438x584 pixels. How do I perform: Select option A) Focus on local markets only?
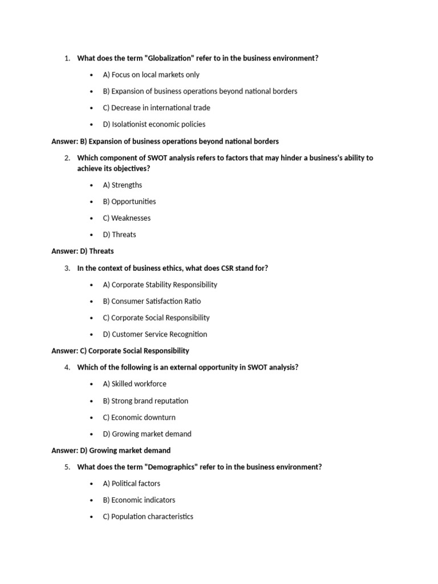(151, 75)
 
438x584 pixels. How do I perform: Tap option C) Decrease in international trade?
(156, 108)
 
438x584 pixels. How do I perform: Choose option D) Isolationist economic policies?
(154, 124)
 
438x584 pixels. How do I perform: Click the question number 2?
(67, 158)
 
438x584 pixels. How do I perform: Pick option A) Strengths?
(123, 185)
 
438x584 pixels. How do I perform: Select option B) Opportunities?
(129, 201)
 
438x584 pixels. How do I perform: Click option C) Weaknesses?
(127, 218)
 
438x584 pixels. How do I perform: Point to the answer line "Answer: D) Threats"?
(83, 251)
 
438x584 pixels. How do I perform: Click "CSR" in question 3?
(221, 268)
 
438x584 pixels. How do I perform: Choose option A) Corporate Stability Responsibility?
(160, 285)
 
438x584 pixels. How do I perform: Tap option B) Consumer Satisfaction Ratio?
(152, 301)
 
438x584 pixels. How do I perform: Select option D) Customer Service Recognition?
(155, 334)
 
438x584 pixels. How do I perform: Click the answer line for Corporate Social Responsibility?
(120, 351)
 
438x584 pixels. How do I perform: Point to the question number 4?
(67, 367)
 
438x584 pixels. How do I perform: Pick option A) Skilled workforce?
(135, 384)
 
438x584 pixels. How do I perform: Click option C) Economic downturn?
(139, 417)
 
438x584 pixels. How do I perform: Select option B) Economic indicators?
(139, 500)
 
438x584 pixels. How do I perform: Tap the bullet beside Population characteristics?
(92, 517)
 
